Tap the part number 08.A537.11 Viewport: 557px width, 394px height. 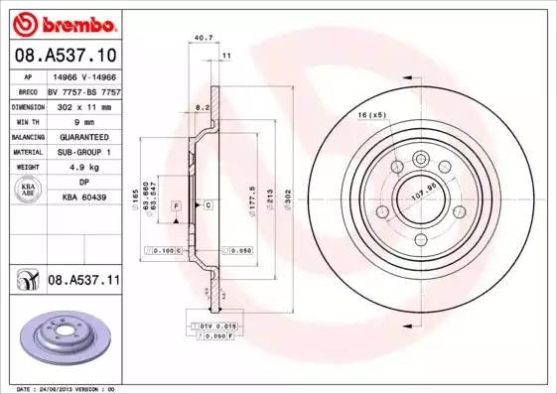click(x=83, y=282)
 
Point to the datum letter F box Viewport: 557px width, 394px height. click(x=176, y=204)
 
